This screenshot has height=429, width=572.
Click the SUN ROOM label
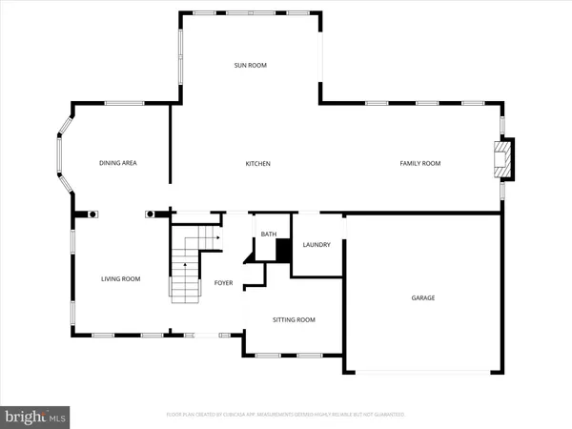251,65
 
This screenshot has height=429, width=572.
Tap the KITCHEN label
258,164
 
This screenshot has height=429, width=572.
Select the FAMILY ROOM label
419,164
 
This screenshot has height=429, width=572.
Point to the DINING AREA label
118,163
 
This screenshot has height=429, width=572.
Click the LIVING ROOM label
121,278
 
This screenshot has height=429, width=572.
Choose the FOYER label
223,282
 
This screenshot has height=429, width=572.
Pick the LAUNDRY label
317,245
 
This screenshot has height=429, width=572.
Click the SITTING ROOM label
294,319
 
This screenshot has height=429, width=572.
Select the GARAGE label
423,297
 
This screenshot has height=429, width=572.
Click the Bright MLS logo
36,416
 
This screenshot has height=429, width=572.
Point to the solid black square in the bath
282,249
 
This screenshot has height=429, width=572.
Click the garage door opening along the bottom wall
422,372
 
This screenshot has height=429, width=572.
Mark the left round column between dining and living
92,214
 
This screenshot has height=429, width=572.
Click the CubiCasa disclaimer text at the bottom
286,415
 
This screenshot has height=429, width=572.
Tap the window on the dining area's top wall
124,103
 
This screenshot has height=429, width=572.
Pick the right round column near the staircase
151,214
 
